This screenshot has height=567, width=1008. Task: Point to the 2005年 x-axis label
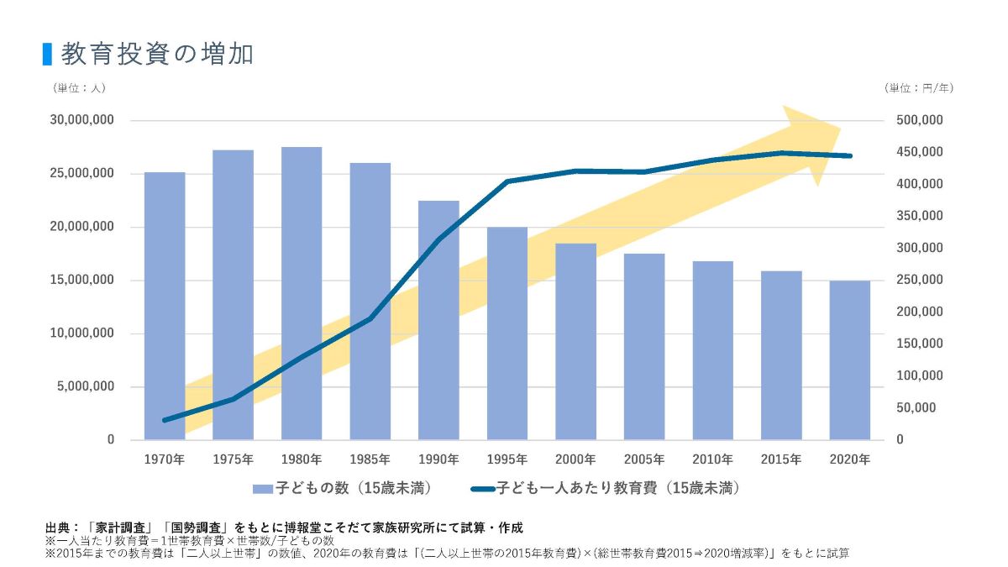pos(644,459)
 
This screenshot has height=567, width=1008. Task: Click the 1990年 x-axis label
pos(438,459)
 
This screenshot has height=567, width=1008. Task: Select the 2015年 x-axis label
pos(780,459)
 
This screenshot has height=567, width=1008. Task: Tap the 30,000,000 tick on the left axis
pos(81,121)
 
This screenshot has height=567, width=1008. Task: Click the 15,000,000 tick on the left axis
pos(81,281)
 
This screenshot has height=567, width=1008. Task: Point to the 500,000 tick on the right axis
pos(920,121)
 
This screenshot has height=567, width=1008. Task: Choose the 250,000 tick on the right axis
pos(920,281)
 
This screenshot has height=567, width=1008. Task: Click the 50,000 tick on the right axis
pos(916,408)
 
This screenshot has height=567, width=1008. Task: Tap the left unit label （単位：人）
pos(79,87)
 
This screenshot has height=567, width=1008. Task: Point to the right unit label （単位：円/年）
pos(919,87)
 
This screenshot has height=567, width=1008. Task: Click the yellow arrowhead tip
pos(839,129)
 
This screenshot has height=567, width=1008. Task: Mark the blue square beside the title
pos(48,54)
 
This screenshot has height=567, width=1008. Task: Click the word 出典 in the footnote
pos(58,528)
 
